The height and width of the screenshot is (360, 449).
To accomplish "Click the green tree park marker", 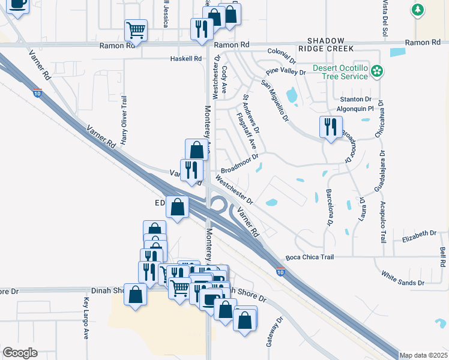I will pyautogui.click(x=417, y=10).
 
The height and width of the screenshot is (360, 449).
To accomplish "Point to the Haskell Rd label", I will pyautogui.click(x=186, y=58).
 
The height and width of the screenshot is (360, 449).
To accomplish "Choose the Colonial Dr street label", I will pyautogui.click(x=282, y=56).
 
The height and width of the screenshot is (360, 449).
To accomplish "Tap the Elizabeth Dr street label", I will pyautogui.click(x=420, y=233).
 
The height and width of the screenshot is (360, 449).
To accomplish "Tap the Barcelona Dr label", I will pyautogui.click(x=330, y=208).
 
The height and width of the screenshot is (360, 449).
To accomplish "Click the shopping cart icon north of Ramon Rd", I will pyautogui.click(x=136, y=29).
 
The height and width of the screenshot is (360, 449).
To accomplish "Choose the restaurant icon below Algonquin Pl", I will pyautogui.click(x=330, y=127).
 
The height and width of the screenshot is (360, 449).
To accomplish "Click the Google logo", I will pyautogui.click(x=20, y=353).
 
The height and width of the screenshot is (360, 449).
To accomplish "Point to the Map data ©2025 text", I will pyautogui.click(x=423, y=355).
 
